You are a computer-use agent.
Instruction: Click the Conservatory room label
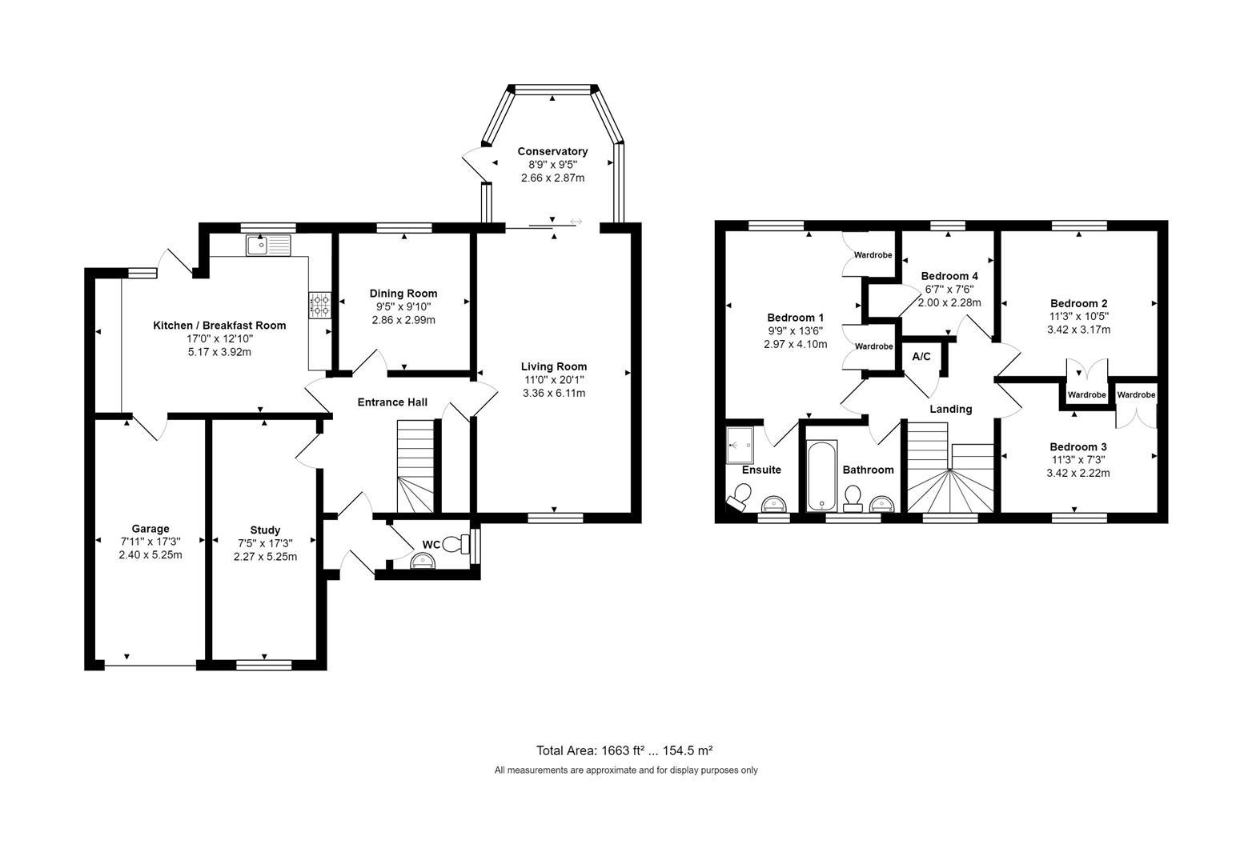click(x=552, y=151)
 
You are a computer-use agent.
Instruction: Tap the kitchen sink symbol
click(x=268, y=244)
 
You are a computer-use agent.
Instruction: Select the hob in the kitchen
click(x=319, y=304)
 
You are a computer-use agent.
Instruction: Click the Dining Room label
click(x=403, y=294)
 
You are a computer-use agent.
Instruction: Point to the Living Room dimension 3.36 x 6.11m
click(x=554, y=393)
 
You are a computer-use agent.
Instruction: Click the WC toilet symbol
click(x=457, y=544)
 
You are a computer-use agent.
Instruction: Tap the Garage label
click(x=150, y=529)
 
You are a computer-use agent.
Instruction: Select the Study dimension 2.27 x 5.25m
click(x=265, y=557)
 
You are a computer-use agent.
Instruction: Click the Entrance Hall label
click(x=392, y=402)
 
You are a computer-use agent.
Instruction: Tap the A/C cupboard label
click(x=921, y=356)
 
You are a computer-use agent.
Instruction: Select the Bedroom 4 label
click(x=949, y=276)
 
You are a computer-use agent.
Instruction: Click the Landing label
click(x=950, y=409)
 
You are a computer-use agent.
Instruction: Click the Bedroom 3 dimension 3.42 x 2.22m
click(x=1078, y=473)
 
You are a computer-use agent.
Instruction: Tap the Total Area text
click(x=624, y=750)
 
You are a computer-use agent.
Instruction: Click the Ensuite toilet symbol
click(x=737, y=499)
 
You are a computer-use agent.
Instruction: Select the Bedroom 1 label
click(x=795, y=317)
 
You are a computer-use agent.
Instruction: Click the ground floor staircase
click(x=415, y=468)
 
